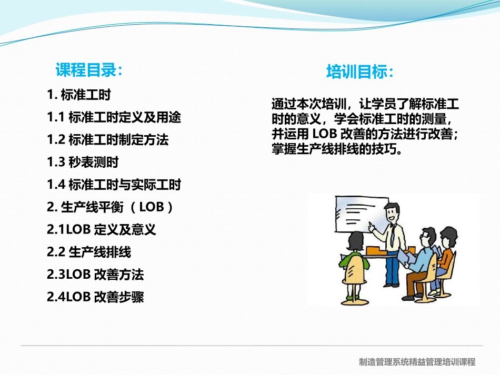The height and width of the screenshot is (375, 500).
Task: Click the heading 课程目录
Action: (89, 69)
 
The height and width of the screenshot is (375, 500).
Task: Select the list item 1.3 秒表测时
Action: (83, 162)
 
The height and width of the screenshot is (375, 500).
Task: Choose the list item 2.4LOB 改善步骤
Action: (95, 297)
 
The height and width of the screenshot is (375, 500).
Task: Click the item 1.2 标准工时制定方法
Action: (108, 140)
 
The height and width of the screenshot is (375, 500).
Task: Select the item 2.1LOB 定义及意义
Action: (102, 229)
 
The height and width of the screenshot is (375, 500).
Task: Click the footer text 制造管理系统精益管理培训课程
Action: (417, 362)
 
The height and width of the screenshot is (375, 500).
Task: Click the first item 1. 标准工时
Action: (79, 95)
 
